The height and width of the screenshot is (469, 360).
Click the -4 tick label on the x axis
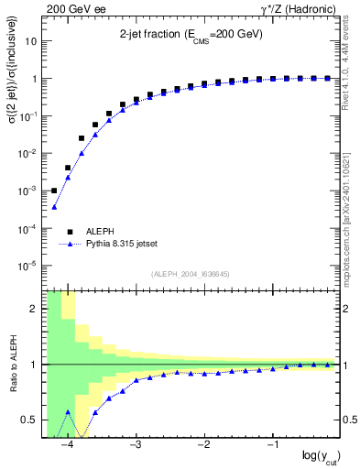pyautogui.click(x=67, y=444)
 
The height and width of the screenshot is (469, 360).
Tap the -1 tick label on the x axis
pyautogui.click(x=273, y=444)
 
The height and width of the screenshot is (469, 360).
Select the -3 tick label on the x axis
pyautogui.click(x=136, y=444)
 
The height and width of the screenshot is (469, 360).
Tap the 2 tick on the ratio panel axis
pyautogui.click(x=34, y=309)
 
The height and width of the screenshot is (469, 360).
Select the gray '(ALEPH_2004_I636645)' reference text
pyautogui.click(x=177, y=273)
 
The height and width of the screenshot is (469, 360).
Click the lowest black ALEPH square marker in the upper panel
pyautogui.click(x=54, y=191)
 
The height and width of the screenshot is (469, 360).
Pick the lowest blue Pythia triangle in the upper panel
pyautogui.click(x=54, y=207)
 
